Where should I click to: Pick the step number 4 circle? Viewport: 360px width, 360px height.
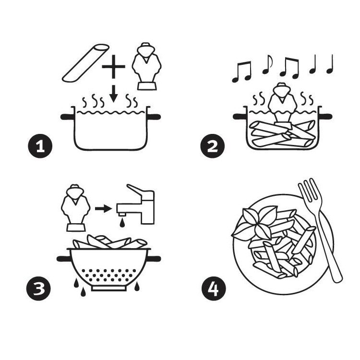[213, 289]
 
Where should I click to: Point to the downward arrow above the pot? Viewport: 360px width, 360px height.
[114, 93]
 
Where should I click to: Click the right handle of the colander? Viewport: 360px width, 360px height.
[155, 259]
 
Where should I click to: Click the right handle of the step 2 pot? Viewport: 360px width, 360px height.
[325, 116]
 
